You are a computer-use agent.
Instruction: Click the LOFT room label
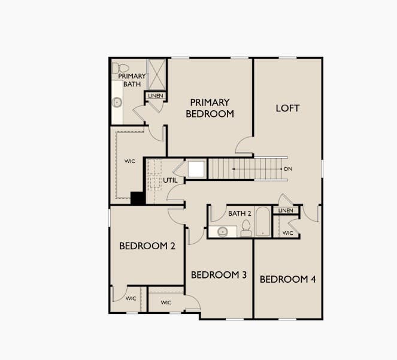(x=287, y=108)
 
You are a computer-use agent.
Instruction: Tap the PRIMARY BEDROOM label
(x=210, y=108)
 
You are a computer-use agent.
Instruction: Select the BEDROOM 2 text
(x=147, y=246)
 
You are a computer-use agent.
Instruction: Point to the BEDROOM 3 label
(x=219, y=275)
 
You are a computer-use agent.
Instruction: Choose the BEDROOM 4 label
(x=288, y=279)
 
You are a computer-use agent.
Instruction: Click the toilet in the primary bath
(x=120, y=68)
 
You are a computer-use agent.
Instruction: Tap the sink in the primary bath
(x=117, y=102)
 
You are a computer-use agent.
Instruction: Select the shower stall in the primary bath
(x=157, y=74)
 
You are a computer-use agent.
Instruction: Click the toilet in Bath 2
(x=246, y=228)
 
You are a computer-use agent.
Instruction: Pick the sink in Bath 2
(x=223, y=232)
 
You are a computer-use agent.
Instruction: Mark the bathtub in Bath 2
(x=263, y=222)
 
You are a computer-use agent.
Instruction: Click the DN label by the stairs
(x=288, y=169)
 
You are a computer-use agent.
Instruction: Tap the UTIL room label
(x=170, y=180)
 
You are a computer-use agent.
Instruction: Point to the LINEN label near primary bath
(x=156, y=96)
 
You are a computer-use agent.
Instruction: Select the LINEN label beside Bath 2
(x=286, y=210)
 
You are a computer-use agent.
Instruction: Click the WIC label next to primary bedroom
(x=129, y=161)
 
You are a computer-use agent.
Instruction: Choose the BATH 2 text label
(x=240, y=214)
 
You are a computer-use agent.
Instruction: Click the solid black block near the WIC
(x=138, y=198)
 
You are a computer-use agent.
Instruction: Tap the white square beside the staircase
(x=196, y=170)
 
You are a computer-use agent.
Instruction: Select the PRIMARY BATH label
(x=132, y=80)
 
